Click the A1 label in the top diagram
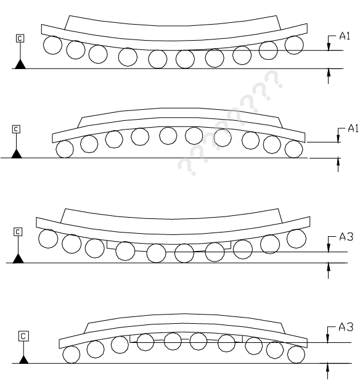click(x=345, y=36)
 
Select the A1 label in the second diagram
click(x=353, y=128)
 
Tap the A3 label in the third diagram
click(x=346, y=237)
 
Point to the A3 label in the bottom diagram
click(x=346, y=327)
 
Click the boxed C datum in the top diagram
click(x=20, y=38)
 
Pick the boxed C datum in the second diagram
click(x=16, y=130)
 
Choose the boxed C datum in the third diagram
click(x=18, y=232)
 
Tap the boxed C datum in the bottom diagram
click(x=23, y=336)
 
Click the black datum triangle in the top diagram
click(x=20, y=65)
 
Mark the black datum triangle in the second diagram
click(x=17, y=154)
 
